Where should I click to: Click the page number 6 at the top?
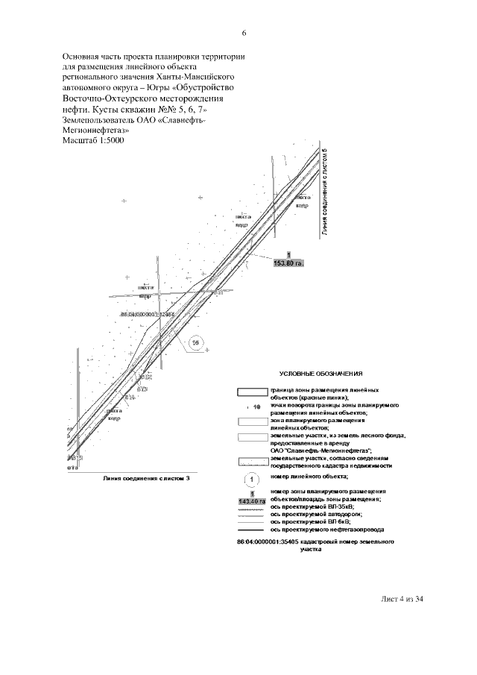pos(244,33)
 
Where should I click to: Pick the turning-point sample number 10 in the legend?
pos(256,407)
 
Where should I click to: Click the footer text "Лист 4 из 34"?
pos(402,599)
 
